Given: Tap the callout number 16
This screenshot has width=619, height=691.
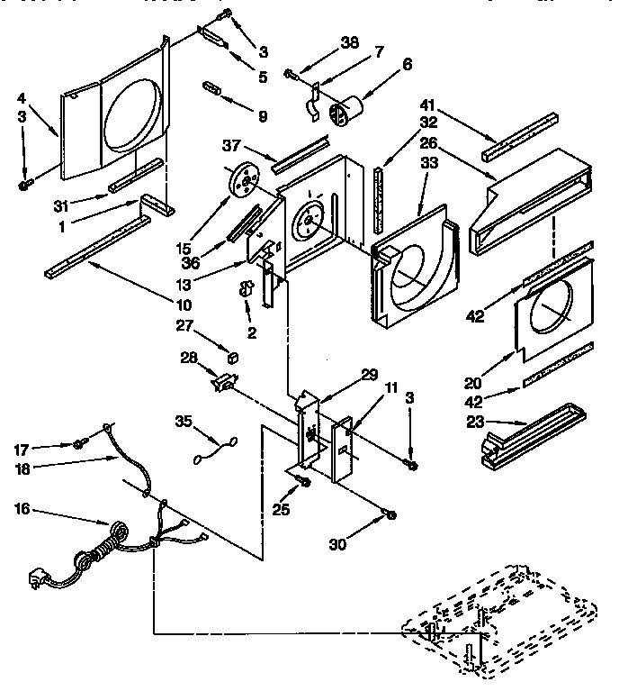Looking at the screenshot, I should (22, 510).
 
